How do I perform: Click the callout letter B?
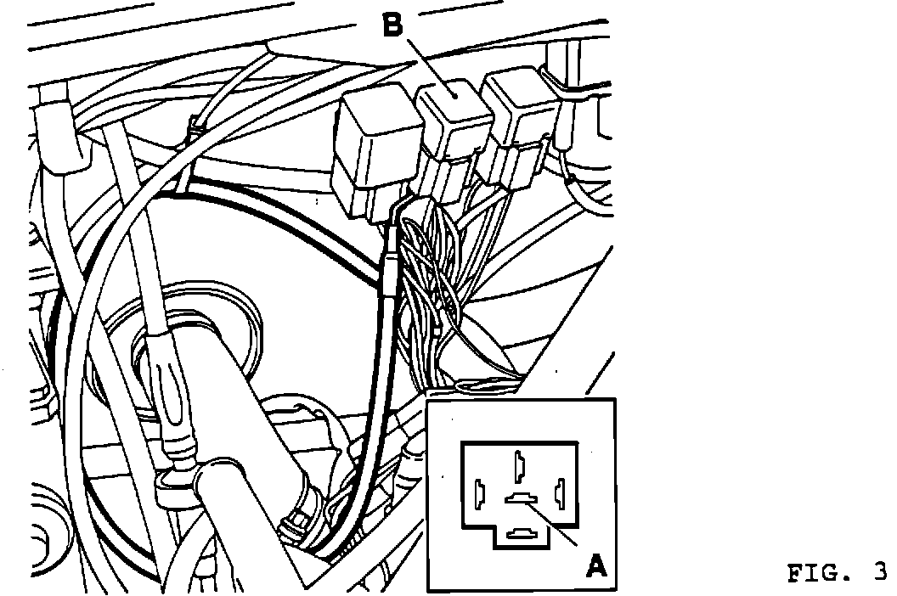[392, 25]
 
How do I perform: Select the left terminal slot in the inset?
[480, 492]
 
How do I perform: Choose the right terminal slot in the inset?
[559, 492]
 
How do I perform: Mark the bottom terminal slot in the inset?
[519, 534]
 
